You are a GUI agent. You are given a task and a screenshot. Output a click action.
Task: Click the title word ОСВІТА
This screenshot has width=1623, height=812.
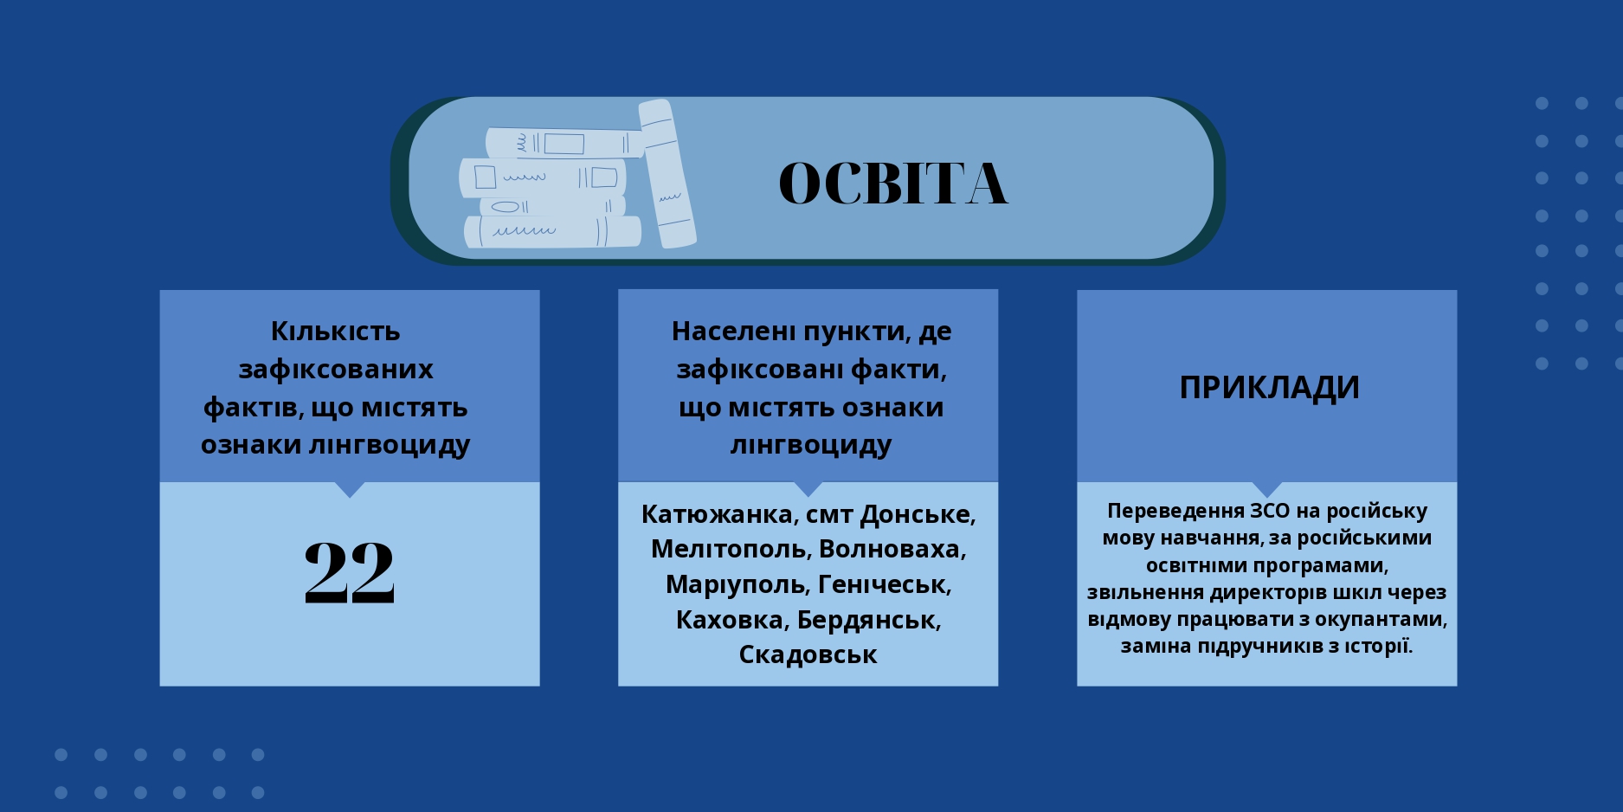tap(893, 183)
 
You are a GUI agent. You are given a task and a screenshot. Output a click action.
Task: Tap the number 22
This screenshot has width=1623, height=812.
tap(350, 572)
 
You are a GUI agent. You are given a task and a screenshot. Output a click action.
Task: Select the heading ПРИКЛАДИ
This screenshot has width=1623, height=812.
tap(1269, 387)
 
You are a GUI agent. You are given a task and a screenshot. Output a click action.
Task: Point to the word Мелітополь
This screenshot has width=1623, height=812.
tap(731, 550)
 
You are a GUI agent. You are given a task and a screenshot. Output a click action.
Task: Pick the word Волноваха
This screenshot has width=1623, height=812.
tap(892, 550)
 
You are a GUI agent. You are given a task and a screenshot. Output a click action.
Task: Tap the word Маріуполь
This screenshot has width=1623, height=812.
tap(737, 585)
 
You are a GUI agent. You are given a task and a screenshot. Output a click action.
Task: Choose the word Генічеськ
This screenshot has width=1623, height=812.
tap(885, 585)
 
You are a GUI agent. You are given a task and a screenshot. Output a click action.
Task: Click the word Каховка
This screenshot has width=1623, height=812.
tap(732, 621)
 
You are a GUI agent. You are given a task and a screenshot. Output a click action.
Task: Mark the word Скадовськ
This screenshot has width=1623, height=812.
tap(808, 655)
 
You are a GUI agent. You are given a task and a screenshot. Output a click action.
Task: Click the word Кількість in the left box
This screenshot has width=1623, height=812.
tap(336, 332)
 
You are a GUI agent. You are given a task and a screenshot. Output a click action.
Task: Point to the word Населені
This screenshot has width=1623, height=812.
tap(733, 332)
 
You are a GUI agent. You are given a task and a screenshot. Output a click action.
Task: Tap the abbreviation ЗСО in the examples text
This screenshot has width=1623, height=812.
tap(1270, 512)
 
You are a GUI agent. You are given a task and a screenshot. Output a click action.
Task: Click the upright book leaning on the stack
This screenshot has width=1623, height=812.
tap(667, 173)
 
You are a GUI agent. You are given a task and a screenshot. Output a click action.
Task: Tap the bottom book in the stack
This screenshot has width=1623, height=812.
tap(552, 231)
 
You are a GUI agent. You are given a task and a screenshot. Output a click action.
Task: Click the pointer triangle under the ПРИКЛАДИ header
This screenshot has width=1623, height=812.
tap(1267, 489)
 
